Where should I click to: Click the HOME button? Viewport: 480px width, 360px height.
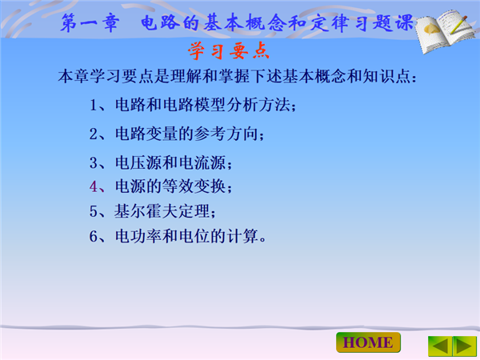point(368,342)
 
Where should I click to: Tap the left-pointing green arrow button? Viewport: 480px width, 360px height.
point(440,346)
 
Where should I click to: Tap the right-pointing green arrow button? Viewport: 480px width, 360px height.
point(465,346)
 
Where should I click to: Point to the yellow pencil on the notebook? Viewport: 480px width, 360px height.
point(458,24)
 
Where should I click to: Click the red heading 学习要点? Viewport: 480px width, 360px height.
point(229,51)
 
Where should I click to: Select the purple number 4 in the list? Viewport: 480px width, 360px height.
point(94,186)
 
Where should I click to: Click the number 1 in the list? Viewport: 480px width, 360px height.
point(94,105)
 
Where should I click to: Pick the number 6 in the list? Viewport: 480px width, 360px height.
point(94,236)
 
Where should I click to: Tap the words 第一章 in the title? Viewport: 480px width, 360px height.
point(90,22)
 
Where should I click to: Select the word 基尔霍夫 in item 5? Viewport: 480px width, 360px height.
point(146,211)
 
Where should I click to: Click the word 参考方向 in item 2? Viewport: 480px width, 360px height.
point(226,134)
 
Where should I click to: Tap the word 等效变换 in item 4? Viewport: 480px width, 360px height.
point(194,186)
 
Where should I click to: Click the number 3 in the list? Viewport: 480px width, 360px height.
point(94,162)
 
